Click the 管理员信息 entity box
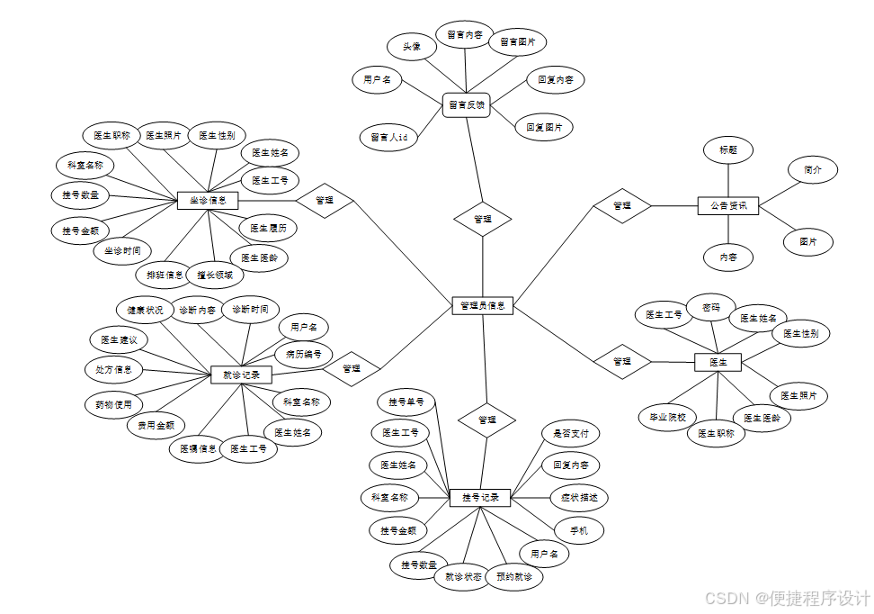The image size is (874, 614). [481, 307]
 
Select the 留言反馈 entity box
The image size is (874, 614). [466, 105]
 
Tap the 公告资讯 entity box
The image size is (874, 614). [728, 206]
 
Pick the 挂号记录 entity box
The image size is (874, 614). [480, 497]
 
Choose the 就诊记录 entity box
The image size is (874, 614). [241, 374]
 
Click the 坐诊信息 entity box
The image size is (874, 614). [208, 200]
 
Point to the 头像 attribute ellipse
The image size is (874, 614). [412, 47]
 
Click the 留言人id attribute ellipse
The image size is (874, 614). [388, 138]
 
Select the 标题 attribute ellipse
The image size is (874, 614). [727, 150]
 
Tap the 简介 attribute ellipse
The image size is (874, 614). [813, 169]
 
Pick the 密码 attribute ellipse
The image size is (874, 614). [710, 307]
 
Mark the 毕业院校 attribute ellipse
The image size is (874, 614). [667, 418]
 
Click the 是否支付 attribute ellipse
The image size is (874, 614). [570, 433]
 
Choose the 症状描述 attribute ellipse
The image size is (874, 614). [578, 497]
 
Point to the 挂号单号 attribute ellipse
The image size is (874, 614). [406, 402]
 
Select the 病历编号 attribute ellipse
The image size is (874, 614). [304, 353]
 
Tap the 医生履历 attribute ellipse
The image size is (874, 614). [268, 229]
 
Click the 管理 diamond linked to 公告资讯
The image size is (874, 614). [621, 205]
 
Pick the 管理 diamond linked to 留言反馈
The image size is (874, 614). [483, 219]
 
